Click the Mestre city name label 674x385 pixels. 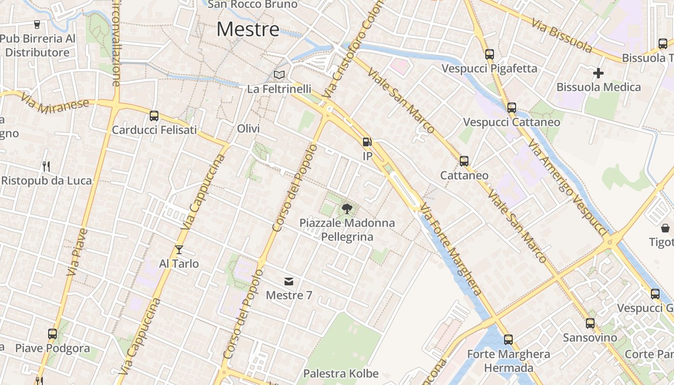248,29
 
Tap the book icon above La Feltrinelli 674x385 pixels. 279,75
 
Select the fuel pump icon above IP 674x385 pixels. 367,142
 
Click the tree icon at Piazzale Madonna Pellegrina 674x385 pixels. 346,208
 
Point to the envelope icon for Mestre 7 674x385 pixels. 289,282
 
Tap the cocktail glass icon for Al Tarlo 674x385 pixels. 179,249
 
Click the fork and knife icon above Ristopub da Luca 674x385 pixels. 46,167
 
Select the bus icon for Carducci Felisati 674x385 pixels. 154,115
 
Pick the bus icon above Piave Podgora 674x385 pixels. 52,334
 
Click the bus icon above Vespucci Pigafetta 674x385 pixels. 490,54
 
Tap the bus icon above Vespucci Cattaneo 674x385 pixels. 512,108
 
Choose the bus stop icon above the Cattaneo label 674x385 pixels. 464,161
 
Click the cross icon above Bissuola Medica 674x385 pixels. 598,73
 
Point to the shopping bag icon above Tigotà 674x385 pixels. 665,228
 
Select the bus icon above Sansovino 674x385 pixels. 590,323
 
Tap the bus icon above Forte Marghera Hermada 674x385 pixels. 508,340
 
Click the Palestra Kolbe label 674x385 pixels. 341,373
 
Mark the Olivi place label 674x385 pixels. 248,128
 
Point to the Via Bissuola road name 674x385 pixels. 562,36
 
